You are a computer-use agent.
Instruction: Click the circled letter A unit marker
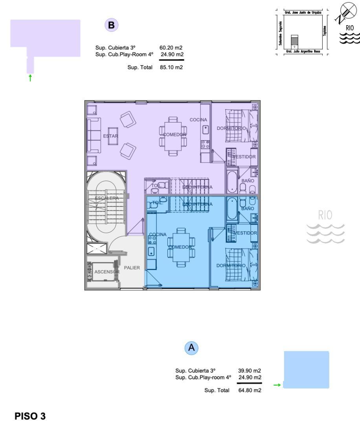(191, 347)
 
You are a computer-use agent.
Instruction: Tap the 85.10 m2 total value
(171, 67)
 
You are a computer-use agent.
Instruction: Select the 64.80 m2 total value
(250, 390)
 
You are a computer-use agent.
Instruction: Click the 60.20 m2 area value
(171, 48)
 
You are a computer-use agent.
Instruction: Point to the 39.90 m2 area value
(250, 370)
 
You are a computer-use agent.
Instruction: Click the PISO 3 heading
(30, 416)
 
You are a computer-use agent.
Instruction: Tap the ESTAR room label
(110, 136)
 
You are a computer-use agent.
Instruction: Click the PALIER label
(132, 268)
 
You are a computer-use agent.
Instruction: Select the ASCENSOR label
(107, 272)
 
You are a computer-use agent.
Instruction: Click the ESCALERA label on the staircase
(106, 198)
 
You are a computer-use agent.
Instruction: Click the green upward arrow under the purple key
(30, 78)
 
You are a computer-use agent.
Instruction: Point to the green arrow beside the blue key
(277, 385)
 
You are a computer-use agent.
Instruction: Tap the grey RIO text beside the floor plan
(325, 215)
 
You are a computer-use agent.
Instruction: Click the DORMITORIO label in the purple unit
(231, 128)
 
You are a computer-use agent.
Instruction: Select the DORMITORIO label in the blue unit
(231, 265)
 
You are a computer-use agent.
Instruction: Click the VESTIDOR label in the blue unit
(245, 233)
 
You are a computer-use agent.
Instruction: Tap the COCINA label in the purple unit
(198, 119)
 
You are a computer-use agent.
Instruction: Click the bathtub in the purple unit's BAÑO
(231, 182)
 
